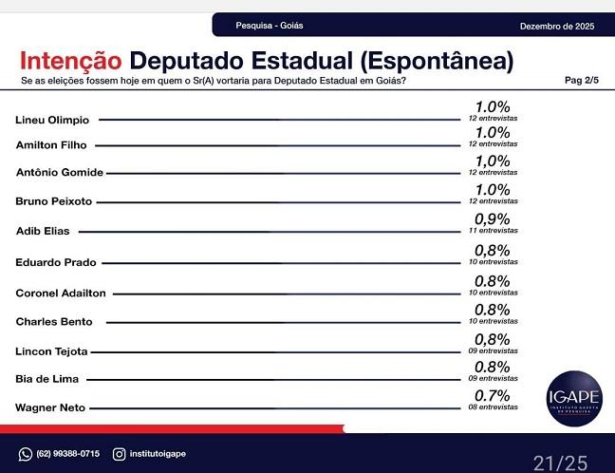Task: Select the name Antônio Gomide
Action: (60, 172)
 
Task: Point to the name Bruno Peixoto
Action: (54, 201)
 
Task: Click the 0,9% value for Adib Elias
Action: (493, 218)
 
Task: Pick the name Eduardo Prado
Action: (56, 261)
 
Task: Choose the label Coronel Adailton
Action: (61, 293)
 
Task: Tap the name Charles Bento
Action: (54, 321)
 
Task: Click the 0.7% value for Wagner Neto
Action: (493, 394)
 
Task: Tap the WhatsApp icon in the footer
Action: (26, 454)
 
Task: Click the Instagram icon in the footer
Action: (119, 454)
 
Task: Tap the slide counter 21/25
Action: (560, 463)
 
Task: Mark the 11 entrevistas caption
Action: (493, 232)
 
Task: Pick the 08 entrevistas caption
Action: (493, 407)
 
